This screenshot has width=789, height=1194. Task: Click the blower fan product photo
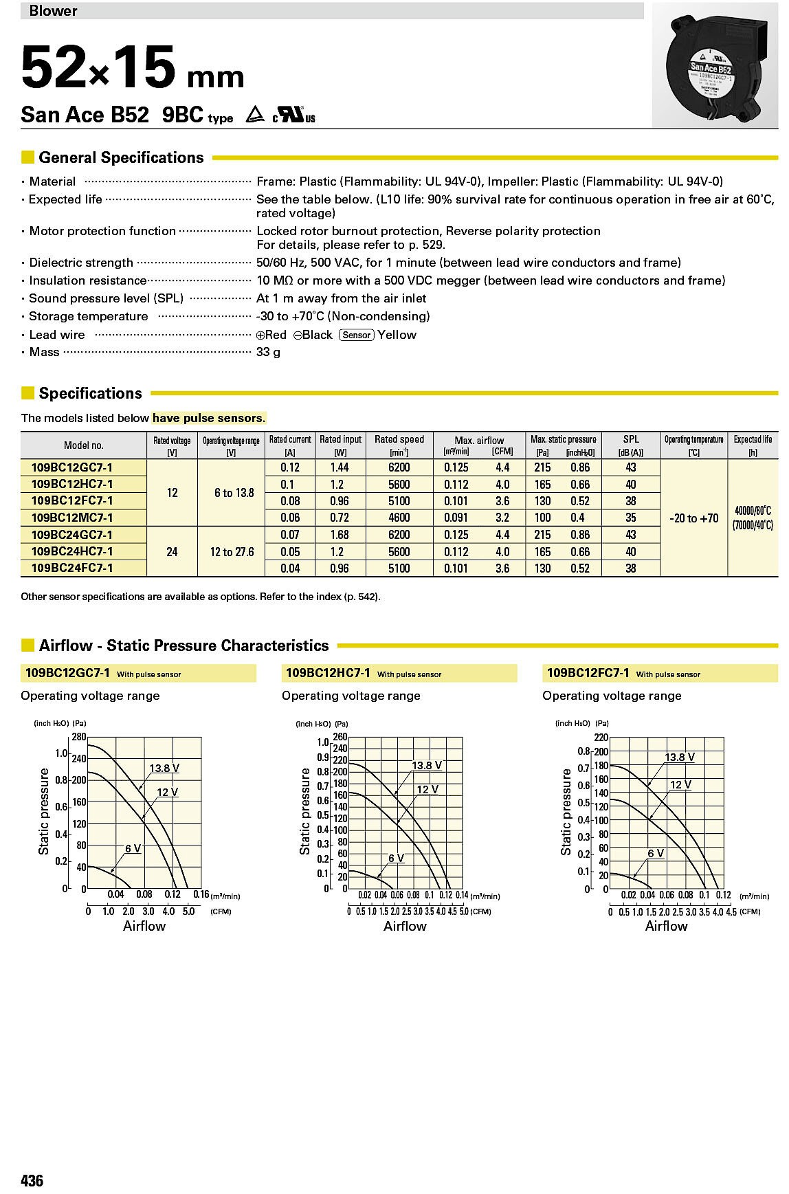(718, 65)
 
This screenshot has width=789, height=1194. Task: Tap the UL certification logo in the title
(293, 115)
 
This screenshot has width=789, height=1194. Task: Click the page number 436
(32, 1181)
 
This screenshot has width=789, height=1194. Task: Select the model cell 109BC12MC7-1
(72, 518)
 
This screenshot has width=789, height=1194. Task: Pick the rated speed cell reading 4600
(399, 518)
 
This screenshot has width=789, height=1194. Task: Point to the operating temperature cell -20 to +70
(693, 518)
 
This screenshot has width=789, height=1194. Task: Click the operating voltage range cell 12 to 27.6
(232, 552)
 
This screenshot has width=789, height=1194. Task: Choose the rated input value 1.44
(340, 467)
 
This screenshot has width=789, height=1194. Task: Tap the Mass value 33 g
(268, 353)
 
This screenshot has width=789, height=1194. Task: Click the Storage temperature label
(88, 316)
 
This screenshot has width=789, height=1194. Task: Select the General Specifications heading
(121, 157)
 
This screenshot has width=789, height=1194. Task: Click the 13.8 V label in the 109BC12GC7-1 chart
(164, 768)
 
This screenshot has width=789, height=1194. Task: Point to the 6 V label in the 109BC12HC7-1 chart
(396, 858)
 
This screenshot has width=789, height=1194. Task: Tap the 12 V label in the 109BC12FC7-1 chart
(680, 785)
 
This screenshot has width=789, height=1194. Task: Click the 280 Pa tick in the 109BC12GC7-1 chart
(78, 737)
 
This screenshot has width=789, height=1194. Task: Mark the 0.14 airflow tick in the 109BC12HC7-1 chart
(461, 895)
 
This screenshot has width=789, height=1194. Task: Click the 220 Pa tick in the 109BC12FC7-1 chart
(601, 738)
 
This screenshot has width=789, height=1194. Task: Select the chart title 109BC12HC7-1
(327, 673)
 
